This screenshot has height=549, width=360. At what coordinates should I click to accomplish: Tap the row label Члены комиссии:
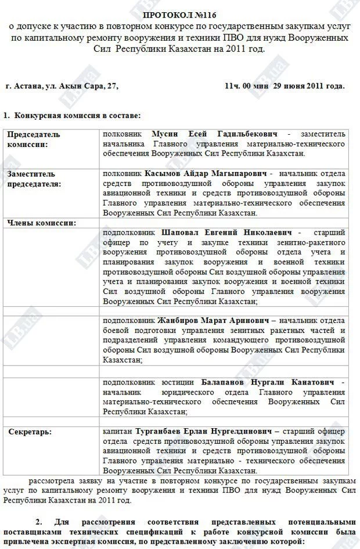tap(42, 223)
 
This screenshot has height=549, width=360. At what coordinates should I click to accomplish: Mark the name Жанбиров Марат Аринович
tap(213, 320)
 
